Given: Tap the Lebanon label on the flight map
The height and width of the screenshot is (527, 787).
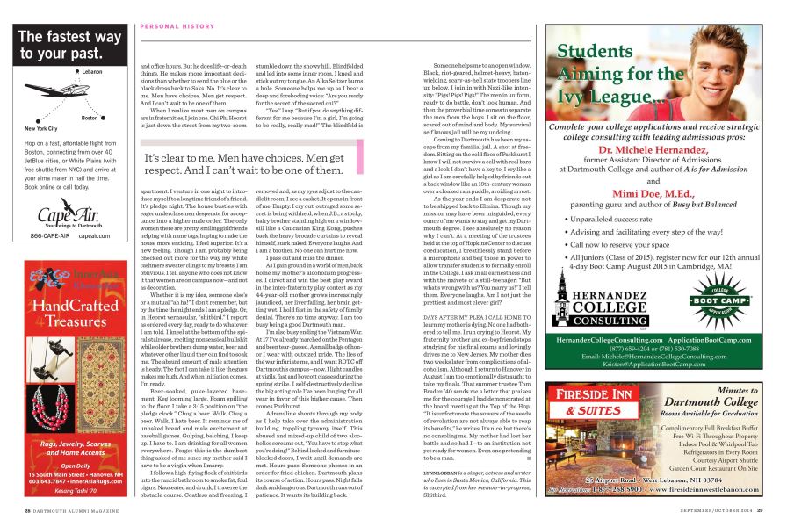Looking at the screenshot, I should pyautogui.click(x=92, y=70).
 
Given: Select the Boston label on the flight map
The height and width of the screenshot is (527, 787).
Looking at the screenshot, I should pyautogui.click(x=89, y=117).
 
